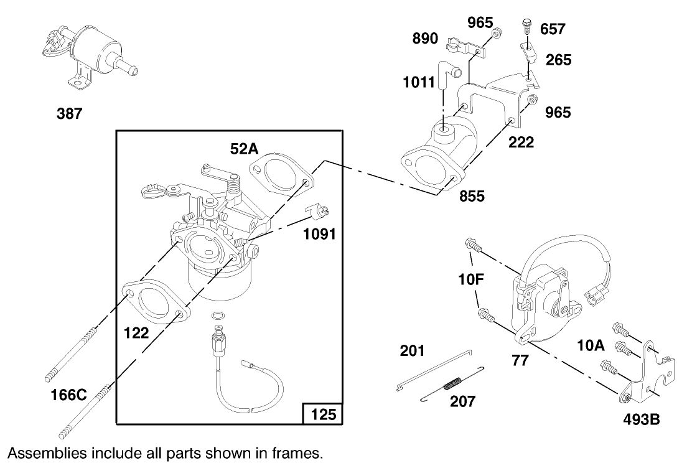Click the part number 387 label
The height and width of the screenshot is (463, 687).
pos(69,114)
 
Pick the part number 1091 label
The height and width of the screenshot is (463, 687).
pos(320,234)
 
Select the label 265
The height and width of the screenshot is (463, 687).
pos(558,60)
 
